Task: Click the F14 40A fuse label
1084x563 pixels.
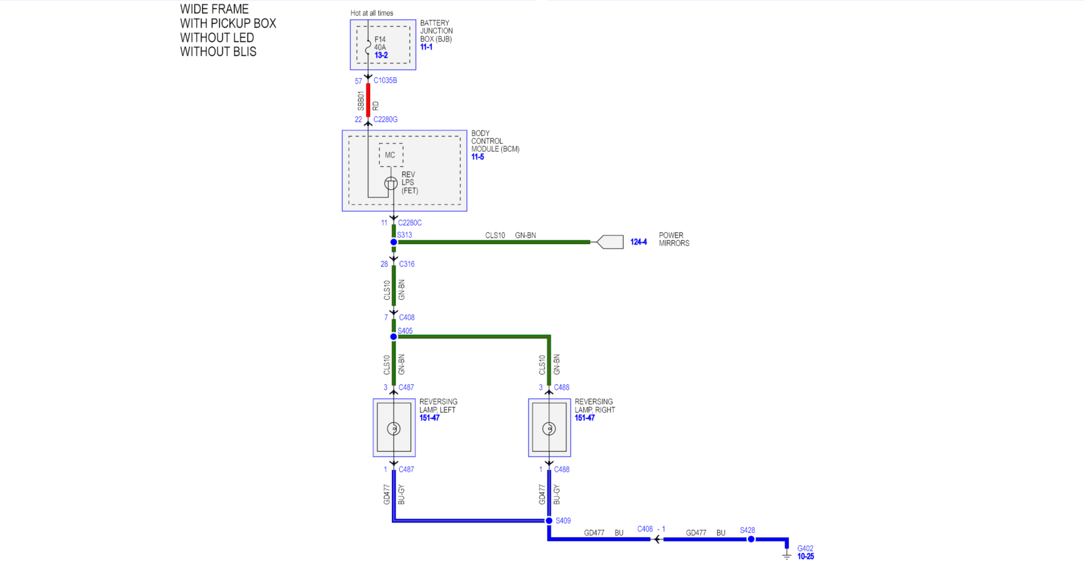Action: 380,43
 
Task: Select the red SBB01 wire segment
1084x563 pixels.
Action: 368,100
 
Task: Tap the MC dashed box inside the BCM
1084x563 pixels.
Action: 391,155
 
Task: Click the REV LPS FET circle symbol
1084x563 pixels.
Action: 391,184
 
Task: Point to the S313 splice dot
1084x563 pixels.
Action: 393,242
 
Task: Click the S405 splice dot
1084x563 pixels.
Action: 393,337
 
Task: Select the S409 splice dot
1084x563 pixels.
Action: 549,521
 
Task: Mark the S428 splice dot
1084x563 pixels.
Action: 751,539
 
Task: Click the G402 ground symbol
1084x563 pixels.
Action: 787,555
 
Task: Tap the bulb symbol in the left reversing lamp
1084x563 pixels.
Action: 394,429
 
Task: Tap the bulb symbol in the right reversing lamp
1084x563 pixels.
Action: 549,429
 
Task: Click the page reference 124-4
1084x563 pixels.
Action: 638,242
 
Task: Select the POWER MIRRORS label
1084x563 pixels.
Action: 674,240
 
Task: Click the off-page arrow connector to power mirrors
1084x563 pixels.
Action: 610,242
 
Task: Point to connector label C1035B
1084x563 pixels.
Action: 385,81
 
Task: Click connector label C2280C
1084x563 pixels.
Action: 409,223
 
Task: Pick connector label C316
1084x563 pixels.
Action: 406,264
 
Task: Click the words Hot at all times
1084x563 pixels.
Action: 372,13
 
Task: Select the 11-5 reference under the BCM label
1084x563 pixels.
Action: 478,157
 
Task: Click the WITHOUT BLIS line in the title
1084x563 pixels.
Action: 218,52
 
